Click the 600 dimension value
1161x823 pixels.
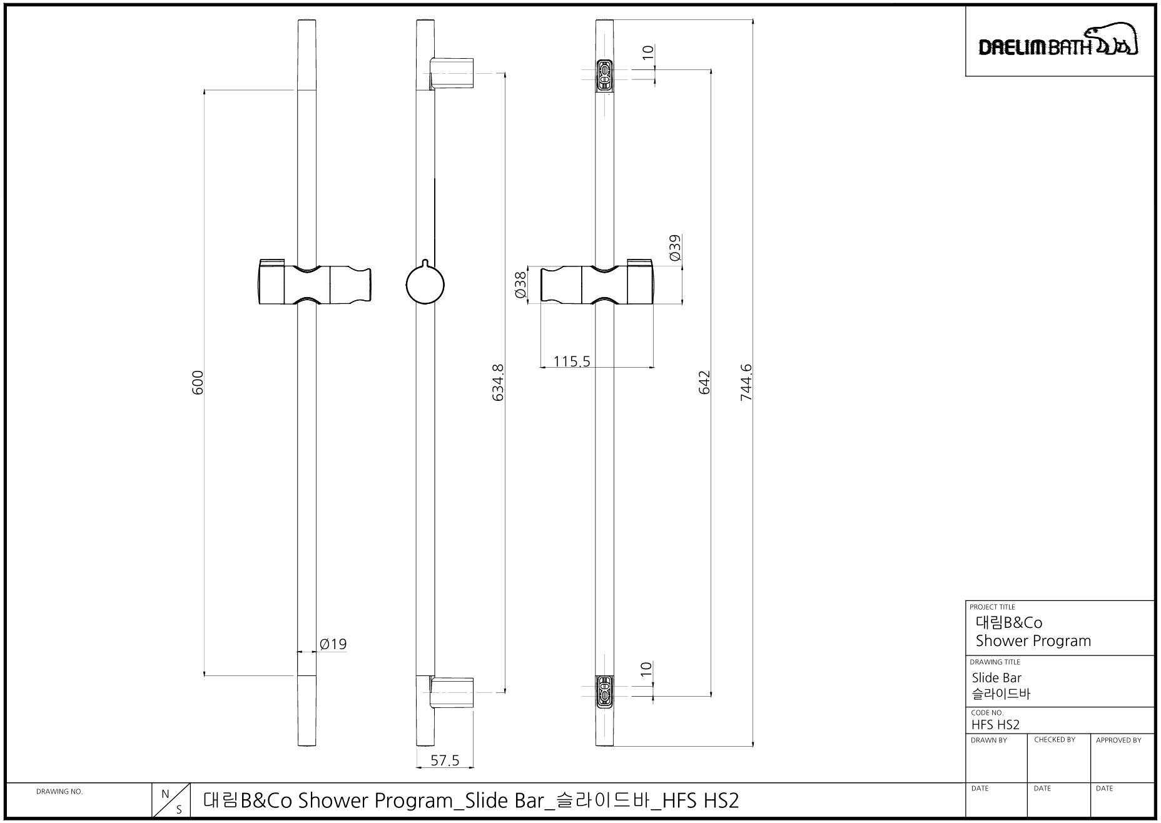pos(198,382)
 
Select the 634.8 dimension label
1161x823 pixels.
pos(498,382)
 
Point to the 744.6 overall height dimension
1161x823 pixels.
pos(746,382)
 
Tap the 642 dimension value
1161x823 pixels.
pos(704,382)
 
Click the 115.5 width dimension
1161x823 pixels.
pos(572,361)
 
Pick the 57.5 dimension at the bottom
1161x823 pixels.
pos(445,760)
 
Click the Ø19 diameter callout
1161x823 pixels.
pos(333,644)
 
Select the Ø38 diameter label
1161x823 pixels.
pos(520,286)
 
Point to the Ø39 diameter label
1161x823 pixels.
pos(674,248)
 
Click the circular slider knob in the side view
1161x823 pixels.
pos(425,284)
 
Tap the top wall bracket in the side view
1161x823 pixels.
pos(452,74)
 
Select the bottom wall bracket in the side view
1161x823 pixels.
pos(452,692)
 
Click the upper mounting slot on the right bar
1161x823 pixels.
pos(604,76)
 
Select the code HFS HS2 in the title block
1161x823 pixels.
pos(995,724)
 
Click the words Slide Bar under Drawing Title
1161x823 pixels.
pos(996,678)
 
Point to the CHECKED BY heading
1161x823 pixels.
pos(1055,740)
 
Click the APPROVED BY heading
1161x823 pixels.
pos(1118,740)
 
